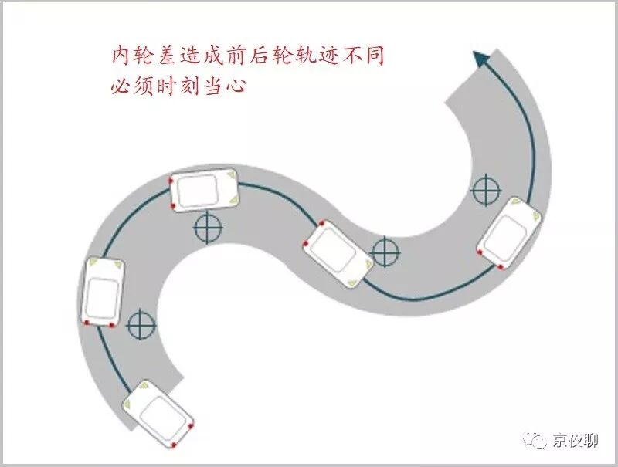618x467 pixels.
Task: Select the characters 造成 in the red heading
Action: click(200, 56)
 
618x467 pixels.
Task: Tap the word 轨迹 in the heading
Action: click(330, 56)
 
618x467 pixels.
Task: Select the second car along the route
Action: click(103, 291)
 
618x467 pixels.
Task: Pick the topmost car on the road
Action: click(205, 189)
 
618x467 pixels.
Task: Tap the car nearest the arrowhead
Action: click(508, 233)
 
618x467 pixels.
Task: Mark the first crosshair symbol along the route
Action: click(141, 325)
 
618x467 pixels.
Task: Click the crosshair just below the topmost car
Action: click(208, 228)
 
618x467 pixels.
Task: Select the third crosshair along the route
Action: click(385, 251)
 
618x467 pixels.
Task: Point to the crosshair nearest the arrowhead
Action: click(486, 190)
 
